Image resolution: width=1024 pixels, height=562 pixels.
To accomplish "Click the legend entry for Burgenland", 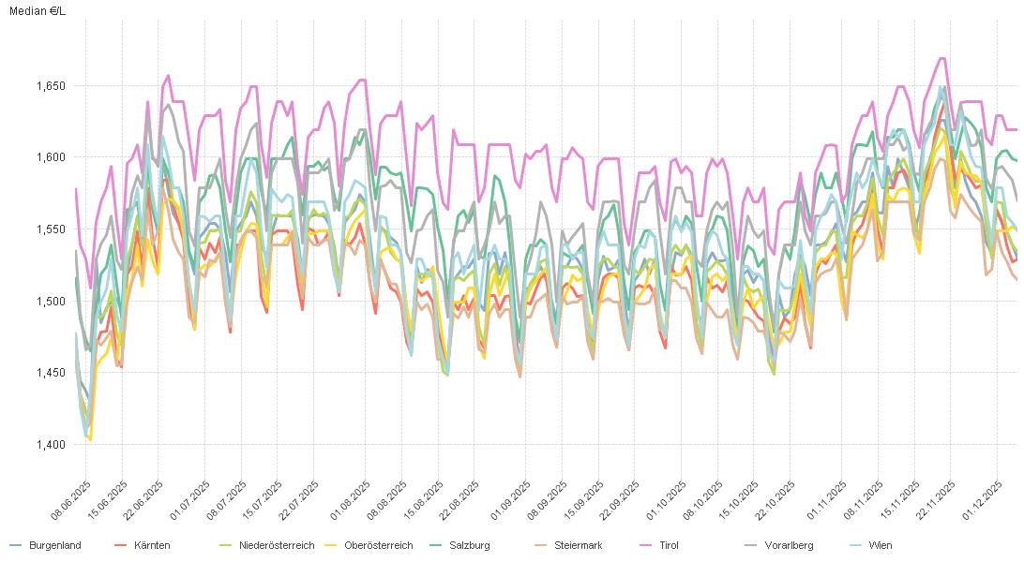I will coord(54,545).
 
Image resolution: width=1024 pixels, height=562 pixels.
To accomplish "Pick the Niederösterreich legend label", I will coord(276,545).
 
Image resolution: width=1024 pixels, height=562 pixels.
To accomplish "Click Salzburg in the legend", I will coord(469,545).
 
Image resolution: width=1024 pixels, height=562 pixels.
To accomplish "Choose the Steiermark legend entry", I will coord(578,545).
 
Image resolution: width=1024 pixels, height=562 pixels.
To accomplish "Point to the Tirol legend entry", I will coord(669,545).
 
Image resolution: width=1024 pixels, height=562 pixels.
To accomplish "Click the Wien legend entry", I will coord(880,545).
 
